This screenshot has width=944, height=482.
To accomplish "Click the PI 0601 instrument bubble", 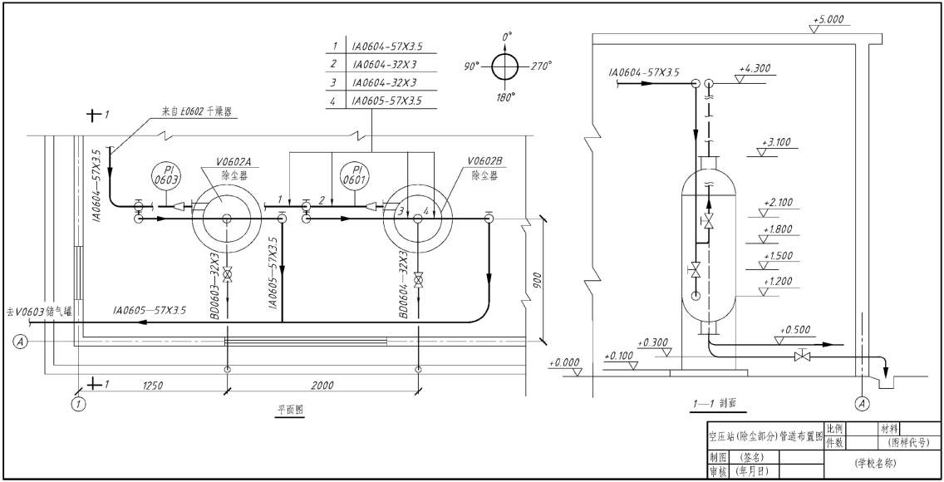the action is tap(355, 175).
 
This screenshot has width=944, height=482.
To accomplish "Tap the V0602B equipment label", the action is tap(484, 161).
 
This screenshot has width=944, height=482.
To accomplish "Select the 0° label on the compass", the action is tap(507, 37).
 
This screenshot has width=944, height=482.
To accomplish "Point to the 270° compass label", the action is tap(541, 66).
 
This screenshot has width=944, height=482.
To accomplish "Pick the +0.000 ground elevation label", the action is tap(564, 363).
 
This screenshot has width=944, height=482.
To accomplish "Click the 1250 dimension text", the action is tap(153, 386).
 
